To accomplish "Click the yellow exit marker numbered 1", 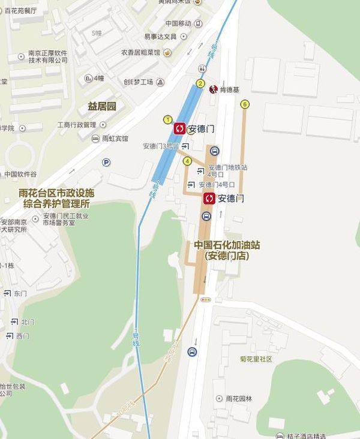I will coord(168,119).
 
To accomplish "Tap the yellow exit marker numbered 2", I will coord(200,83).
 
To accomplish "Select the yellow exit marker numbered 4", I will coord(187,161).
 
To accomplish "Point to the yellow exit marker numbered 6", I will coord(244,104).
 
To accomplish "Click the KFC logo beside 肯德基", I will coord(212,90).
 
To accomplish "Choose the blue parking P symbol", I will coord(106,162).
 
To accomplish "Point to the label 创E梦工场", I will coord(139,82).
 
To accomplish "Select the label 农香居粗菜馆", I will coord(140,53).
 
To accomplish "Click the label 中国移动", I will coord(178,23).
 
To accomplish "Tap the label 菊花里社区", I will coord(256,359).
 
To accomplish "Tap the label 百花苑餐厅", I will coord(20,11).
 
